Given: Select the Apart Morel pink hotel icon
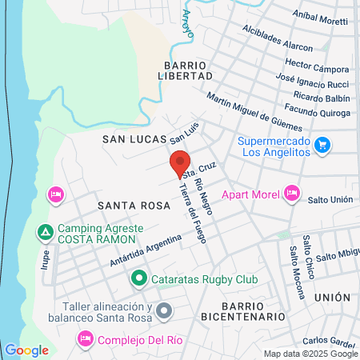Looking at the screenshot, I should pyautogui.click(x=291, y=193).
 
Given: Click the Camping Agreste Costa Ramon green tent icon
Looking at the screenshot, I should pyautogui.click(x=46, y=233).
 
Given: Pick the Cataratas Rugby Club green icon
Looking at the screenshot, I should pyautogui.click(x=138, y=278).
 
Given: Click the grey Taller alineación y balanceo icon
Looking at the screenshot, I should pyautogui.click(x=163, y=310).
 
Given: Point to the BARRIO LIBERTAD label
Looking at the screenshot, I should pyautogui.click(x=187, y=70).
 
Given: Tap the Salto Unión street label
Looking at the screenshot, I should pyautogui.click(x=332, y=198).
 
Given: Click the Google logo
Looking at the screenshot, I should pyautogui.click(x=26, y=350).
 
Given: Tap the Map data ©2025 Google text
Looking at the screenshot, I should pyautogui.click(x=311, y=354).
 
